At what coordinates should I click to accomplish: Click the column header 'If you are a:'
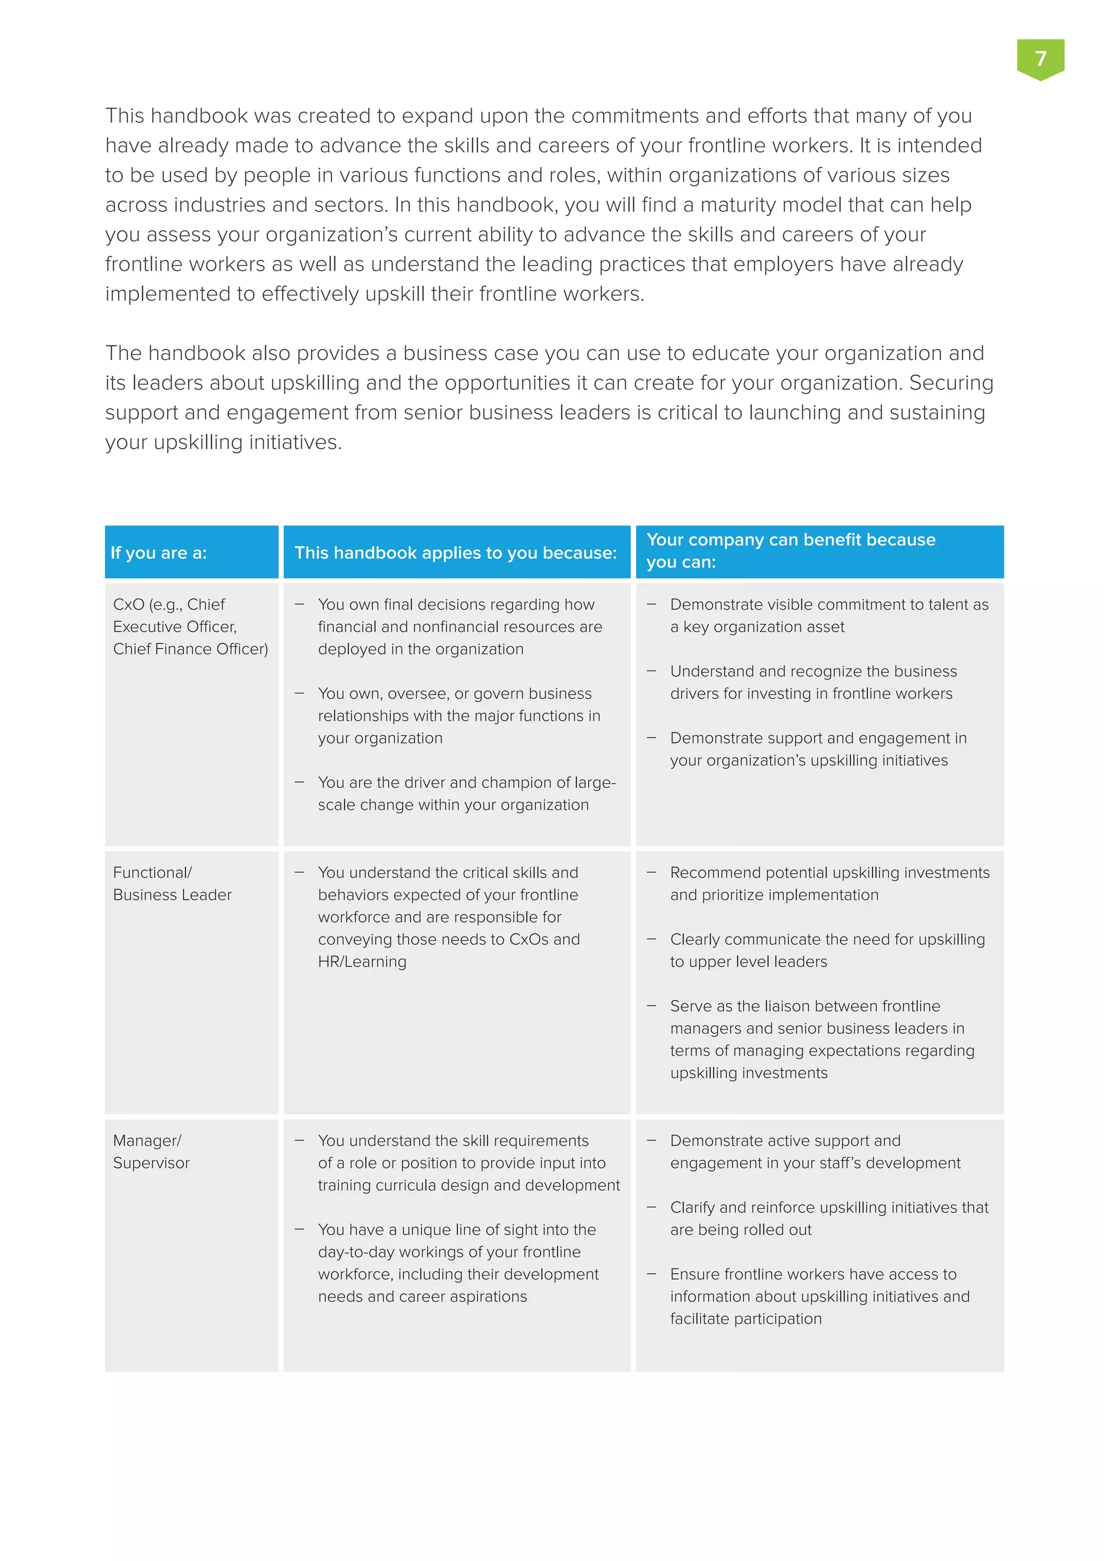[158, 552]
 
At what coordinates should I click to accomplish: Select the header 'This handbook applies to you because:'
[456, 552]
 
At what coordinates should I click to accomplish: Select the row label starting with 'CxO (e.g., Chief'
[190, 626]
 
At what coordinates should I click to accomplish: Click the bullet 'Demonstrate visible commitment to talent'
[829, 615]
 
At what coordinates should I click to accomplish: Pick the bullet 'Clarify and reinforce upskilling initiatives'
[829, 1218]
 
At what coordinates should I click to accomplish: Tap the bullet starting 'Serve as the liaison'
[822, 1039]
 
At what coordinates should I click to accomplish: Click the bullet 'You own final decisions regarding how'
[459, 626]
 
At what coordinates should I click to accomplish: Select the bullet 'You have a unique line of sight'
[458, 1262]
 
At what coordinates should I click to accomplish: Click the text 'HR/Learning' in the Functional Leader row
[362, 962]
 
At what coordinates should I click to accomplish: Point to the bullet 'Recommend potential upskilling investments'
[830, 883]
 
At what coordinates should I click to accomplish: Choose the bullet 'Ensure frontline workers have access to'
[819, 1296]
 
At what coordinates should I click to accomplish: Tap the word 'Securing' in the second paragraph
[951, 383]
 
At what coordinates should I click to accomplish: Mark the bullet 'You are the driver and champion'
[466, 793]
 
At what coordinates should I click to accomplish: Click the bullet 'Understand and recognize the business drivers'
[813, 682]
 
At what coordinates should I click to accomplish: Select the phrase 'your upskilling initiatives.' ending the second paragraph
[224, 442]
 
